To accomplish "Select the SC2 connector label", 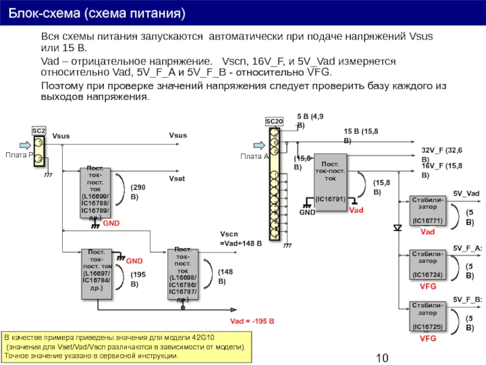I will pos(39,131).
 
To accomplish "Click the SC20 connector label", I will pos(275,122).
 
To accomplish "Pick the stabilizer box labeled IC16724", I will pos(428,266).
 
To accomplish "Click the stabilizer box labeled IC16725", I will pos(428,318).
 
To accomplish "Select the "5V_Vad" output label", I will pos(467,193).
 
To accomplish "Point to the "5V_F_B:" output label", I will pos(468,299).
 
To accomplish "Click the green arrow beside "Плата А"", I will pos(258,145).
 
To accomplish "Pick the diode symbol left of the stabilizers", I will pos(397,228).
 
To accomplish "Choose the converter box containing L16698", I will pos(186,274).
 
